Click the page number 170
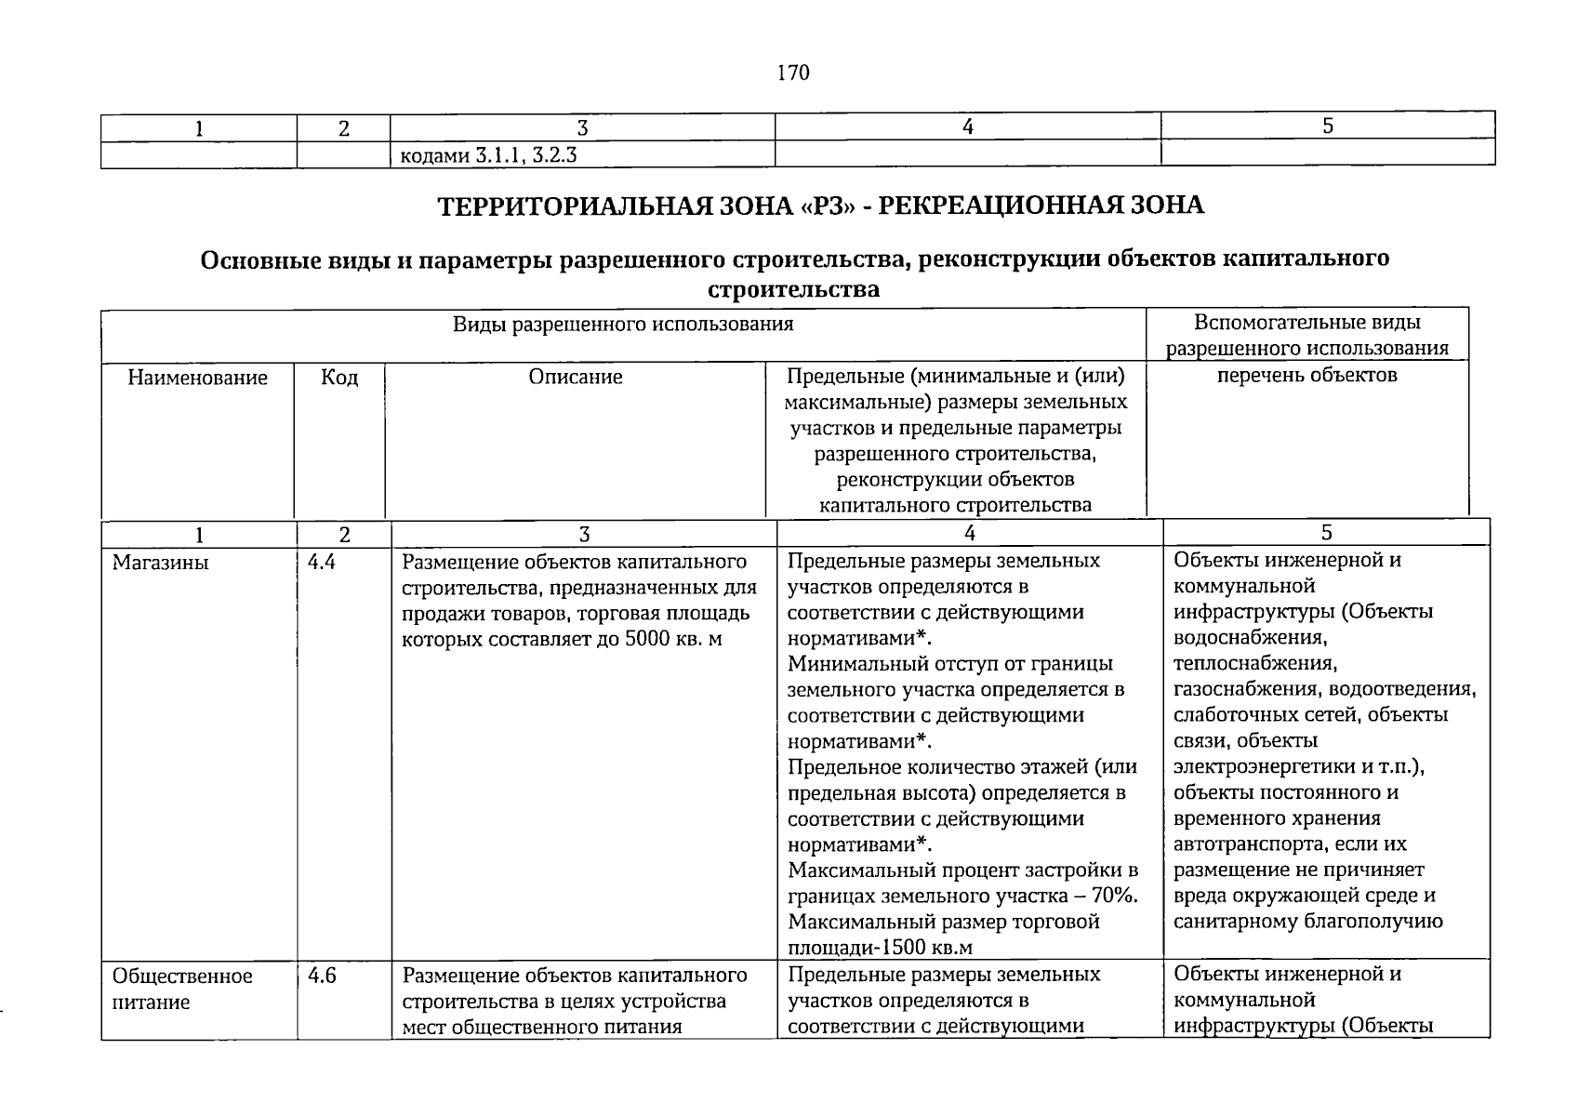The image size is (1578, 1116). [x=793, y=73]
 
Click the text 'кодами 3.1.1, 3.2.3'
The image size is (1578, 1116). [x=487, y=155]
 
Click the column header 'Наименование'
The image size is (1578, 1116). [x=197, y=378]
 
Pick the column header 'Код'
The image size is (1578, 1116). [x=339, y=378]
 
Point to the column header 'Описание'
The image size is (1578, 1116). [x=576, y=378]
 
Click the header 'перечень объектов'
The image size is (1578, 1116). [x=1306, y=376]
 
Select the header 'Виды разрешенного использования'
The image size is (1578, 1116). [x=623, y=324]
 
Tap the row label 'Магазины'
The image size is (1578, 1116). [x=160, y=563]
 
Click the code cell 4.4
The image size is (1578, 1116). [x=322, y=562]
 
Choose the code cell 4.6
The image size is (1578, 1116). [x=322, y=976]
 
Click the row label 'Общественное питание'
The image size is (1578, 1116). [x=182, y=989]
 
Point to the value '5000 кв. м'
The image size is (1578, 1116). [x=675, y=640]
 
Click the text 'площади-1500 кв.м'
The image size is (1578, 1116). [x=880, y=948]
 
